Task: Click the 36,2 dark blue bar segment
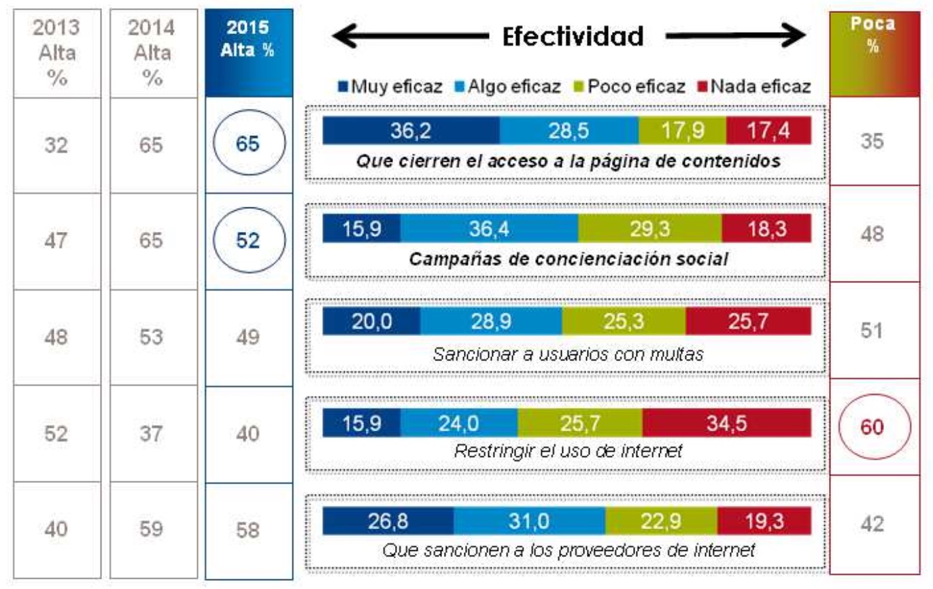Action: click(411, 131)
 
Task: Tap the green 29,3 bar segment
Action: click(649, 229)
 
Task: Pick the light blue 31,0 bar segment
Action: click(529, 520)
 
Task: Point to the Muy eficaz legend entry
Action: click(390, 86)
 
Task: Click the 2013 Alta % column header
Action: click(57, 52)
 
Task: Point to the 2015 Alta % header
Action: click(248, 39)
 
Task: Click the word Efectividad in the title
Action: click(573, 37)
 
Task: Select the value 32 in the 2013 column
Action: click(57, 145)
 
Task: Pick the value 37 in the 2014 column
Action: click(152, 433)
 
